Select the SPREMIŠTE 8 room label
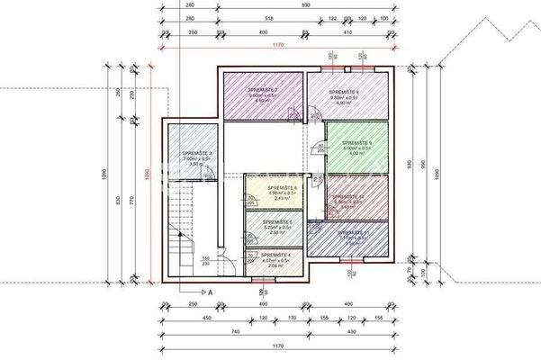(x=344, y=92)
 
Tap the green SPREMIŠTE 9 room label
(x=356, y=143)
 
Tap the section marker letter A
(x=209, y=292)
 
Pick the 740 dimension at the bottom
(x=236, y=333)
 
